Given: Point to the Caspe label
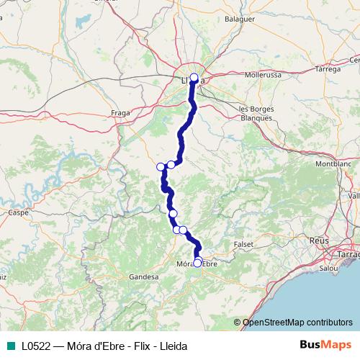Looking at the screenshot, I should pos(17,212).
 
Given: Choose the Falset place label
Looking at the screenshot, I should pos(244,244).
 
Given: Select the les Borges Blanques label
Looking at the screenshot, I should pos(257,112).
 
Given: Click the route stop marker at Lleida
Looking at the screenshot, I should pos(194,77).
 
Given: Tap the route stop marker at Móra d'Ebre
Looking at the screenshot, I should pos(197,263).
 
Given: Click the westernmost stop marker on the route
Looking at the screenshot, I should pos(161,167).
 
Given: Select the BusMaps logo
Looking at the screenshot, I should pos(326,345).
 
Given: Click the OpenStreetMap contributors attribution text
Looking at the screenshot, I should pos(297,323).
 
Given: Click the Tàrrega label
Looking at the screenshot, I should pos(328,69).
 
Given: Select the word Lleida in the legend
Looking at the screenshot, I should pos(172,346).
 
